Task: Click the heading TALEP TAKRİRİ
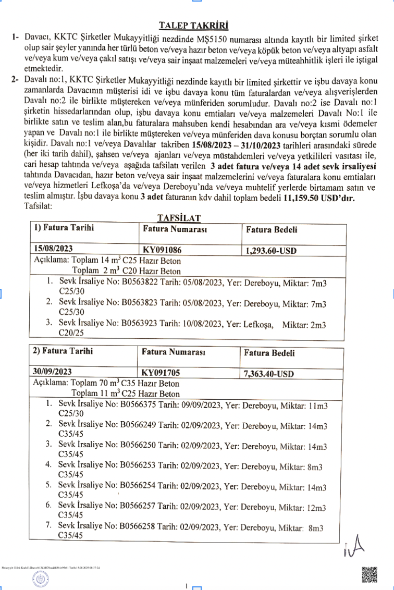point(193,26)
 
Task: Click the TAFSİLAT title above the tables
point(179,217)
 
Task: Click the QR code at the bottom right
point(370,574)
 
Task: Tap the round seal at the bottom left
point(40,578)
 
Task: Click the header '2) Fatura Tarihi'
point(63,351)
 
